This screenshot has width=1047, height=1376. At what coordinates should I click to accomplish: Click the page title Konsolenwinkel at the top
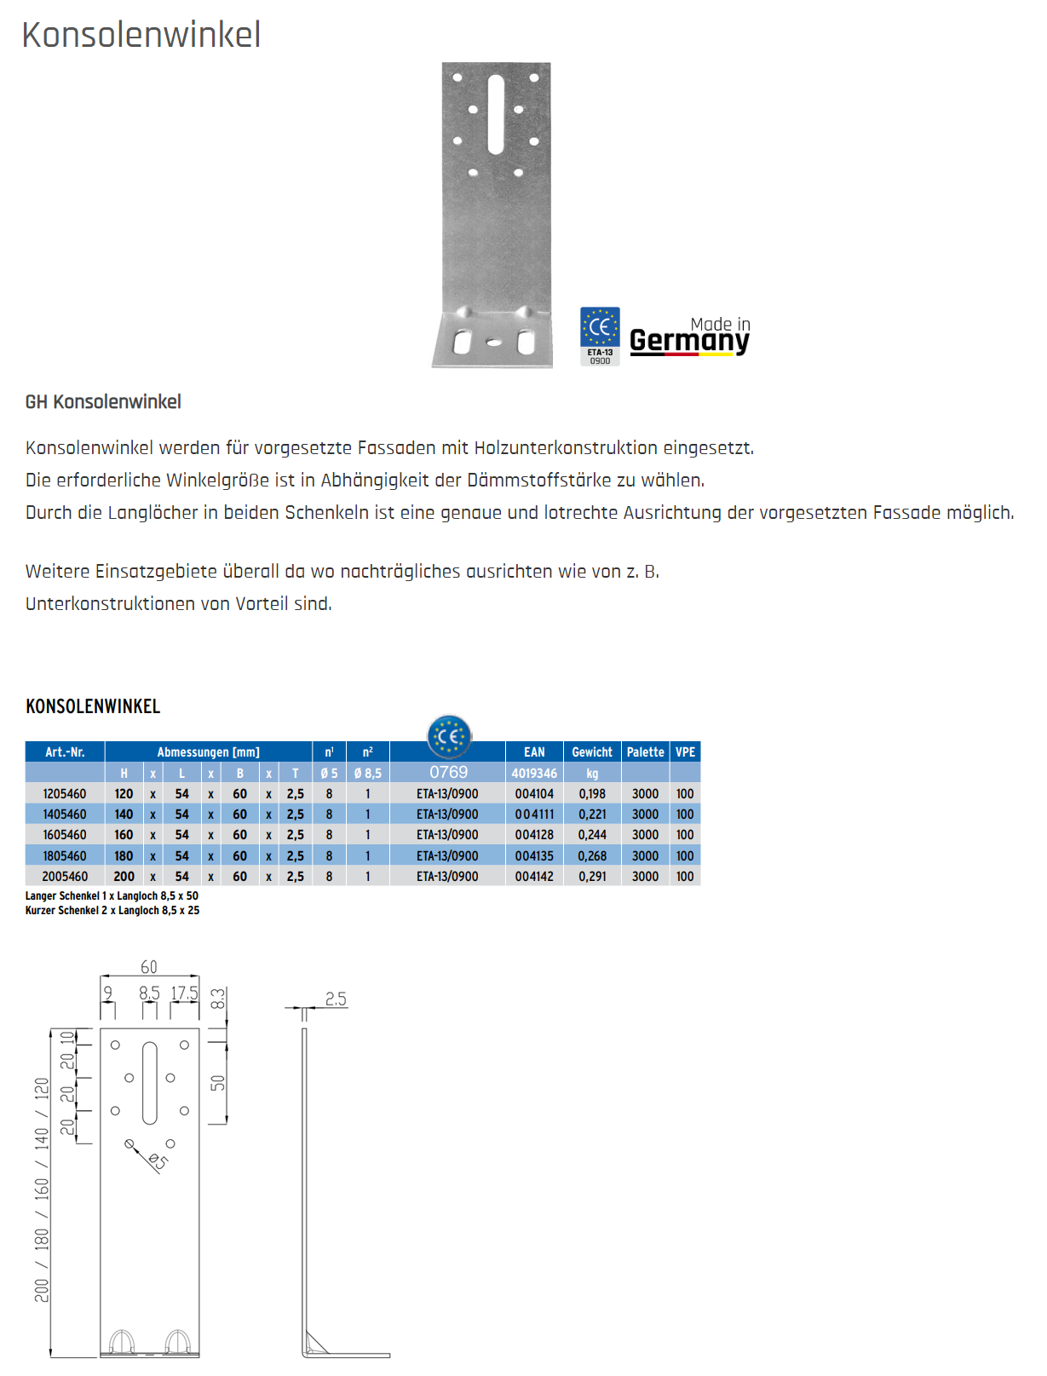(x=141, y=35)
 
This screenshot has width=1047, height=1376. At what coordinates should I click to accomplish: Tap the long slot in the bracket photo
(x=496, y=114)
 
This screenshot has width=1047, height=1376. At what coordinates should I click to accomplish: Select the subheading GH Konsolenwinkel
(x=103, y=402)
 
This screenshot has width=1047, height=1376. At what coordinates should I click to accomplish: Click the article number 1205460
(x=65, y=794)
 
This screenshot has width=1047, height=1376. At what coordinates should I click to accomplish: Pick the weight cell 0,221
(x=592, y=815)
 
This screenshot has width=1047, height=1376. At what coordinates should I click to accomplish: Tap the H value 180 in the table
(x=124, y=856)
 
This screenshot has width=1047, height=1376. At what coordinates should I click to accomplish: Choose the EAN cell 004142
(x=534, y=877)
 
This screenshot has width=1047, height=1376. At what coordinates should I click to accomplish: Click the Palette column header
(x=645, y=752)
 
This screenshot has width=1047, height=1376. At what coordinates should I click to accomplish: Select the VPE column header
(x=685, y=752)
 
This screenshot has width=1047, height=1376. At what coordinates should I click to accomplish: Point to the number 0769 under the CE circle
(x=449, y=772)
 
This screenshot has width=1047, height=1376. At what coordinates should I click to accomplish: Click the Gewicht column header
(x=592, y=752)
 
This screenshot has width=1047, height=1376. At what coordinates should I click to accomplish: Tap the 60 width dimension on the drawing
(x=149, y=967)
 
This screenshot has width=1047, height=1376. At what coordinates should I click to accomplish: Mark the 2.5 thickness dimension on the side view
(x=336, y=999)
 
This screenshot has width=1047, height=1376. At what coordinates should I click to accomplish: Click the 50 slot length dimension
(x=218, y=1083)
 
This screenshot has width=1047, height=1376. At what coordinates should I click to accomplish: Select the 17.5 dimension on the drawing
(x=184, y=993)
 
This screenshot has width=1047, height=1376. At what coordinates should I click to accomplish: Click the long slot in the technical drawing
(x=150, y=1082)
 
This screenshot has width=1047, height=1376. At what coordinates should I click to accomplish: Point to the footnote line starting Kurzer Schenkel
(x=112, y=911)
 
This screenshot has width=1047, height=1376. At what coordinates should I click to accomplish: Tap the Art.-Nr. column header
(x=65, y=752)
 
